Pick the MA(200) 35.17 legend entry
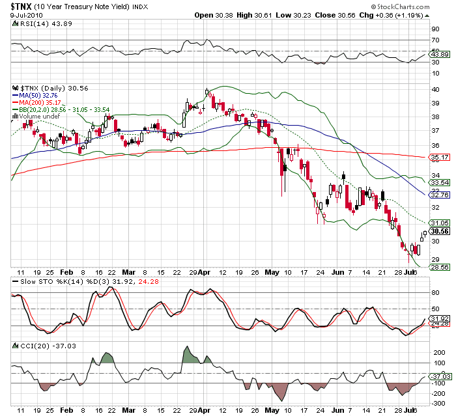pos(42,102)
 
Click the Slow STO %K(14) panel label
pos(53,282)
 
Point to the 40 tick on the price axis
pos(435,89)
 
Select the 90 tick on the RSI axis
pos(435,29)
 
